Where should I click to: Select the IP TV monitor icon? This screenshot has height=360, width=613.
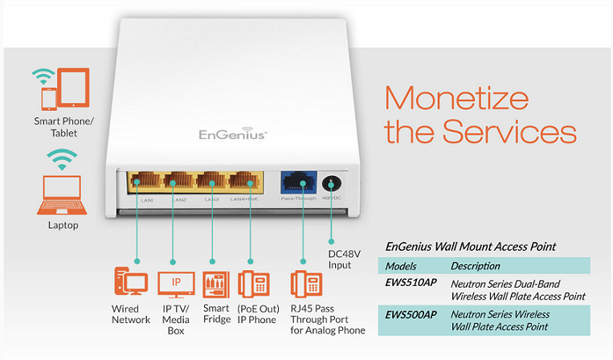tap(176, 283)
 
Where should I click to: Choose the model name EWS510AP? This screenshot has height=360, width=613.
tap(410, 284)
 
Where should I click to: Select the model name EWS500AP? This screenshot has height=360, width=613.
tap(410, 314)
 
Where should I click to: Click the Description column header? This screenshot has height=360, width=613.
tap(476, 266)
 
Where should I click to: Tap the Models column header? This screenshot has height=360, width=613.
tap(401, 266)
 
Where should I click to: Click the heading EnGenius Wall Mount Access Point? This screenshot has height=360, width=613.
tap(471, 246)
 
